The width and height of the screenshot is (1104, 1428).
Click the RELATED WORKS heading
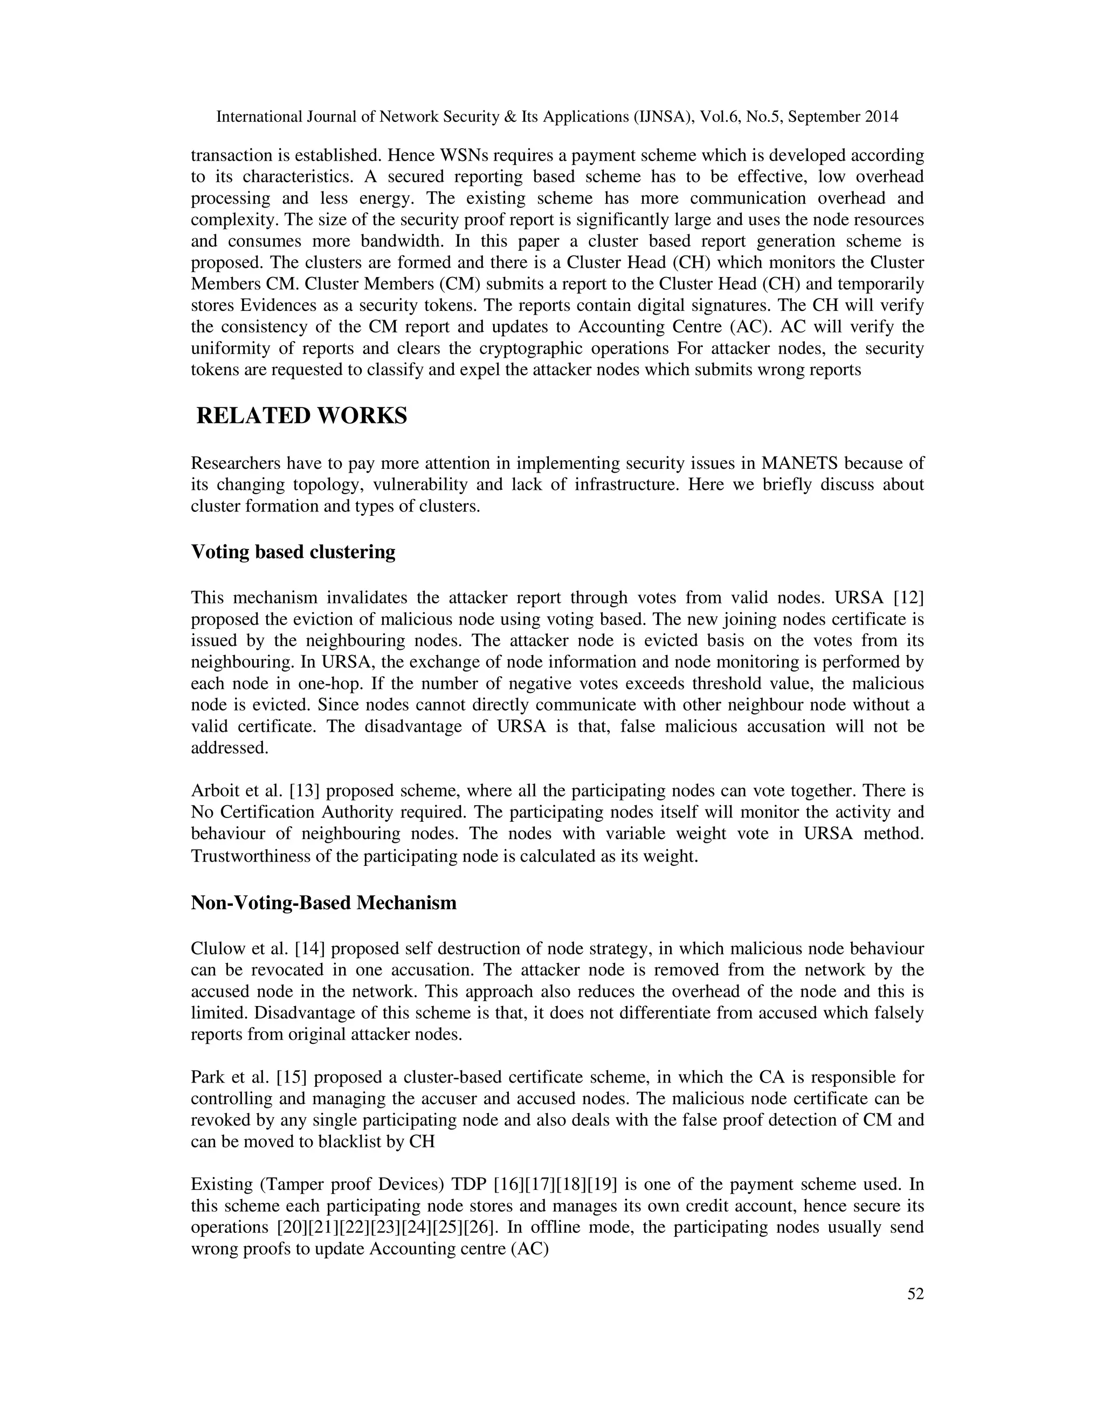[301, 416]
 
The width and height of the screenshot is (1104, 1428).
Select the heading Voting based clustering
[293, 552]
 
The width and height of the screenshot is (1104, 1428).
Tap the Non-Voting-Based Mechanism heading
[323, 903]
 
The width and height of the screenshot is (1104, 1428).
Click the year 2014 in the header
[881, 117]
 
